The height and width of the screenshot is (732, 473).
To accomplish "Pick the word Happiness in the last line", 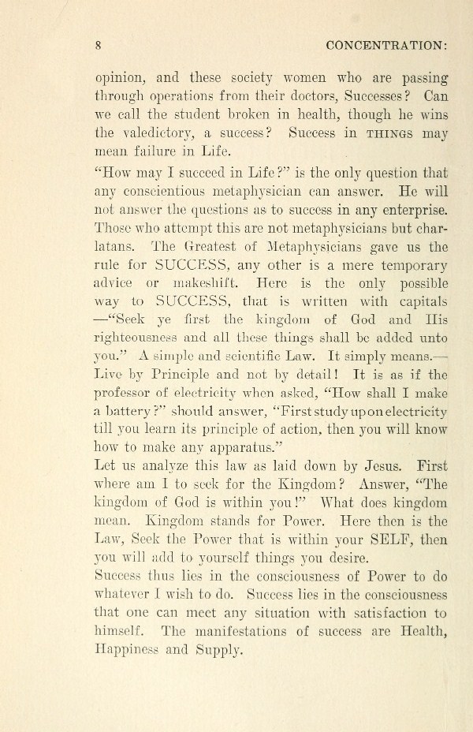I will point(130,651).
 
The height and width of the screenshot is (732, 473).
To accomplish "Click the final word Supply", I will point(227,651).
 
